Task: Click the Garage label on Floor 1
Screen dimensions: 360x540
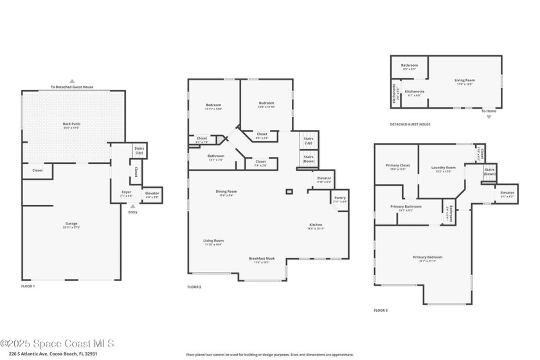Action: pyautogui.click(x=71, y=224)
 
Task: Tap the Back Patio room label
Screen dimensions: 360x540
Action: pyautogui.click(x=71, y=124)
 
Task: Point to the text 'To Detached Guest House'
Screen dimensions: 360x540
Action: pyautogui.click(x=71, y=87)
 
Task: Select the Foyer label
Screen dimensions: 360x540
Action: pyautogui.click(x=127, y=192)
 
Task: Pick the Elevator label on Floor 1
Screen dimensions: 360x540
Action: pyautogui.click(x=152, y=194)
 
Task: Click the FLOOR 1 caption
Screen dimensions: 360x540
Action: pyautogui.click(x=28, y=286)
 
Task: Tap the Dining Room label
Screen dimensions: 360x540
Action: pyautogui.click(x=226, y=192)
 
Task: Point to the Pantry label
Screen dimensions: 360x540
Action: pyautogui.click(x=340, y=198)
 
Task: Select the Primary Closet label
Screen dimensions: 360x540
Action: pyautogui.click(x=396, y=166)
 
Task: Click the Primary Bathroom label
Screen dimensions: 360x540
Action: pyautogui.click(x=406, y=206)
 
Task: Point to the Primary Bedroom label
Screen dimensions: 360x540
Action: pyautogui.click(x=428, y=258)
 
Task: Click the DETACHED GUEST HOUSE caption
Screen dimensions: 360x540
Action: pyautogui.click(x=410, y=124)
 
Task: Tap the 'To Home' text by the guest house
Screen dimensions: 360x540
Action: pyautogui.click(x=490, y=111)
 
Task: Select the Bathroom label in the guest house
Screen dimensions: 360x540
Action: pyautogui.click(x=410, y=65)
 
